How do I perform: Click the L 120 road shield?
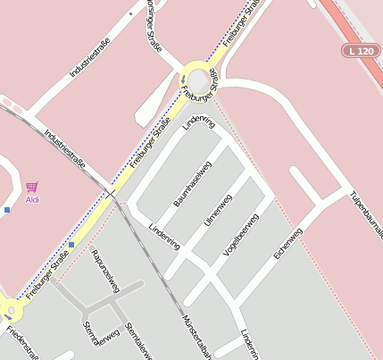[x=361, y=52]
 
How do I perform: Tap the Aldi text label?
[x=32, y=199]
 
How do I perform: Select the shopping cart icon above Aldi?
[x=32, y=187]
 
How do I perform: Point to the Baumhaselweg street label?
[x=192, y=184]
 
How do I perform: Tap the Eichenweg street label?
[x=288, y=244]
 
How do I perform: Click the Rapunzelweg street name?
[x=104, y=270]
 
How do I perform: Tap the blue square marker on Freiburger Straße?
[x=71, y=244]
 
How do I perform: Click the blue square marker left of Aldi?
[x=7, y=210]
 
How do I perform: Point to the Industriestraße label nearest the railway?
[x=64, y=147]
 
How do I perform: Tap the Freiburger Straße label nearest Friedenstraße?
[x=47, y=277]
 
